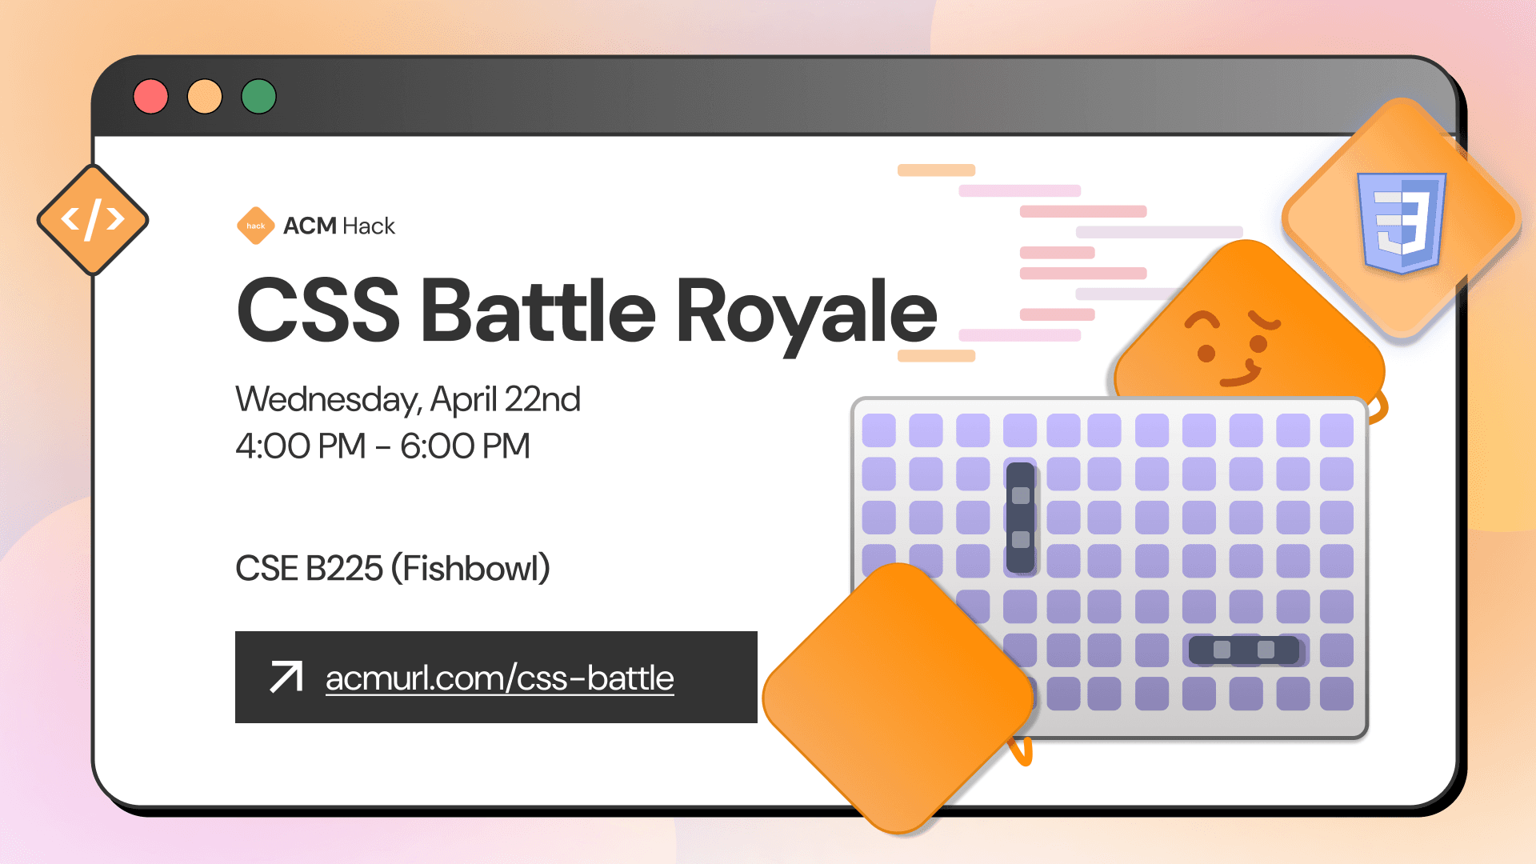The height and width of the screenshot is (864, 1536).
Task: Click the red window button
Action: click(151, 97)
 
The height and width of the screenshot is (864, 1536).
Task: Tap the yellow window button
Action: click(205, 97)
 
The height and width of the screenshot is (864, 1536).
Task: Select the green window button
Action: click(258, 97)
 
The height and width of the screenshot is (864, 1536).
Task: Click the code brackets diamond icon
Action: click(93, 220)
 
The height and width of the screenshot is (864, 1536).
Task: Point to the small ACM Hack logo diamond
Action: click(256, 226)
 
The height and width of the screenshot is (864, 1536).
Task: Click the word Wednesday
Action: click(328, 399)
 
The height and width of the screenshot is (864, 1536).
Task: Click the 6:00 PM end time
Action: click(465, 446)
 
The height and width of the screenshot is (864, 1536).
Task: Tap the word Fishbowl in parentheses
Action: click(470, 569)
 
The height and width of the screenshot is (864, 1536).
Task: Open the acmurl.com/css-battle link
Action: click(499, 678)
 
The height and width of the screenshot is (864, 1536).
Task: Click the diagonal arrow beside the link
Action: click(286, 677)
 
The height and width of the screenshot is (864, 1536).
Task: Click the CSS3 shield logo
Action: click(1402, 222)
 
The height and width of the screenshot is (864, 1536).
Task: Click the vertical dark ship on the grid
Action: click(1020, 518)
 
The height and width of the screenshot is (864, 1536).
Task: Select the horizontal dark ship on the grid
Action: click(1243, 650)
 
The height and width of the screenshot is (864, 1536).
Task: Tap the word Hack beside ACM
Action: click(369, 226)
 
